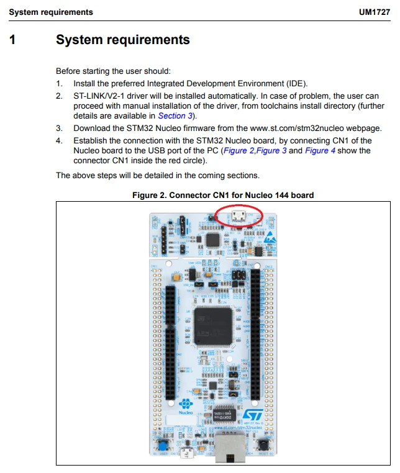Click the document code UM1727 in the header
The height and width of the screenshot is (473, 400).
[374, 12]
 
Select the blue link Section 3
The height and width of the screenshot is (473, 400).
[171, 115]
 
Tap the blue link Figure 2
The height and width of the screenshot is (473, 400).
[239, 150]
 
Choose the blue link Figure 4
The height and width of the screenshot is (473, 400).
[320, 150]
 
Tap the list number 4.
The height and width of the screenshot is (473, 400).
[59, 140]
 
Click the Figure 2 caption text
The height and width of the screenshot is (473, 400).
[223, 195]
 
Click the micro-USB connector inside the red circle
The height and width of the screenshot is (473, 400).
[237, 217]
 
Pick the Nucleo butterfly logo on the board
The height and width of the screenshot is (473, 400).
[186, 404]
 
